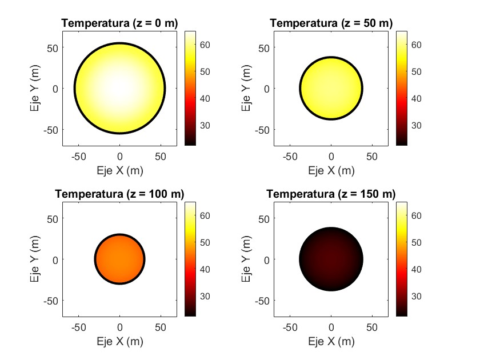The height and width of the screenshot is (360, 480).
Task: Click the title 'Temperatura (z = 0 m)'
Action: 119,23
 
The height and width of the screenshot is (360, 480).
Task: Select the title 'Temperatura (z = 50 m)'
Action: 331,23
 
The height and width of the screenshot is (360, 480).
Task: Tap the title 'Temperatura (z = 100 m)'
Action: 119,194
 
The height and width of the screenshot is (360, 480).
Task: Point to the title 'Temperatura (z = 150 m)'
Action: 331,194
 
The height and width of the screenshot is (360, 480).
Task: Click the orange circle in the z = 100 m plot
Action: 119,259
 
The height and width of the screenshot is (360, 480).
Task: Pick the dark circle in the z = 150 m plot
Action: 331,259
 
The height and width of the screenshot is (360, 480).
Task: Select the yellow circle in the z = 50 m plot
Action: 331,88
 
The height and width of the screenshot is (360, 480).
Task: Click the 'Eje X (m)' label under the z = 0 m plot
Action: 119,170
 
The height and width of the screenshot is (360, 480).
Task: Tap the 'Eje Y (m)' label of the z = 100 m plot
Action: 35,259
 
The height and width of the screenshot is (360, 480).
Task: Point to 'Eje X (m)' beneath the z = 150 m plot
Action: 331,342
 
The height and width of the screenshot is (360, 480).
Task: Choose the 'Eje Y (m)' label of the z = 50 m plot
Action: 246,88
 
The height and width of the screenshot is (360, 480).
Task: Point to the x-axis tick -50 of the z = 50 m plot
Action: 290,155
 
